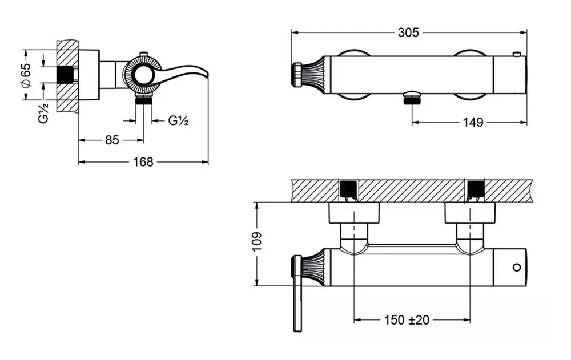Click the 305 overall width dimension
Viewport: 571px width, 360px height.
(408, 33)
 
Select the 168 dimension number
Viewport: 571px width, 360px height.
(143, 162)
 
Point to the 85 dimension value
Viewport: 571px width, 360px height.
(112, 140)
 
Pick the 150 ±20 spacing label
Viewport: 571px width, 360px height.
(407, 319)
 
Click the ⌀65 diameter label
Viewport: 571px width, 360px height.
(26, 75)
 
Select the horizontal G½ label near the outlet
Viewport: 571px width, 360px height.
(179, 120)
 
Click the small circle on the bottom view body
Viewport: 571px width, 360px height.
(517, 267)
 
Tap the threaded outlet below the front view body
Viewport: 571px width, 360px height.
(411, 100)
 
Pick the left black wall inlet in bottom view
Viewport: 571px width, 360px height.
(348, 189)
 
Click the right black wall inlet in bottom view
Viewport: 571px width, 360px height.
(475, 189)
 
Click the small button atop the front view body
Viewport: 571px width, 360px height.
(517, 54)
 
